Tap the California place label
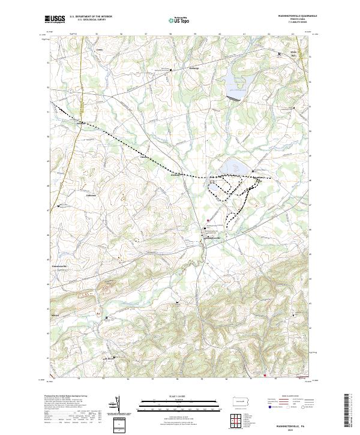coord(91,195)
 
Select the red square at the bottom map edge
coord(265,377)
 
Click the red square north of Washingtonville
coord(208,220)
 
